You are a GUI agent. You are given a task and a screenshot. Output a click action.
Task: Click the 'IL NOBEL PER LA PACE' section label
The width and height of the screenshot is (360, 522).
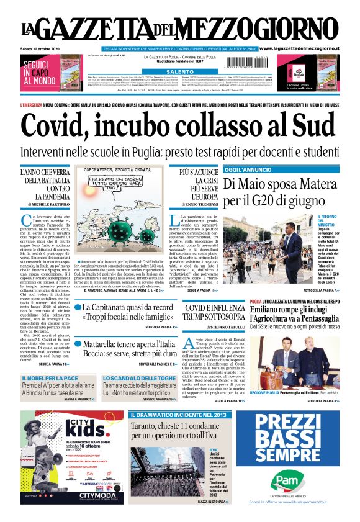click(x=44, y=378)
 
